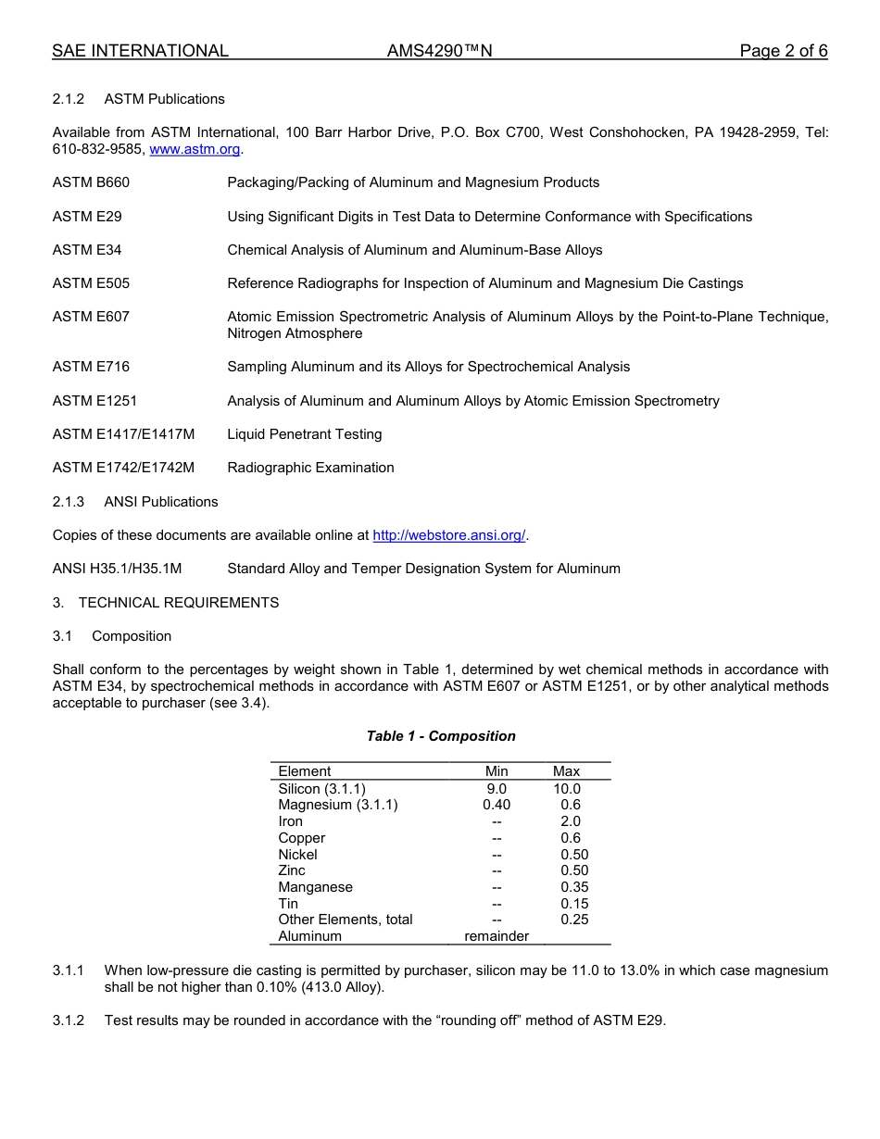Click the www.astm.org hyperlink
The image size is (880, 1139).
195,149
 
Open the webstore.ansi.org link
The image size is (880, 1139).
448,535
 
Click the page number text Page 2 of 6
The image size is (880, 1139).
783,51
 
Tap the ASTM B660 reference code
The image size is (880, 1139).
91,182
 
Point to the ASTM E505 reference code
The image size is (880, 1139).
91,283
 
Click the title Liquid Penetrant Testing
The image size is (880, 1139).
304,434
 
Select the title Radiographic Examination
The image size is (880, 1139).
310,468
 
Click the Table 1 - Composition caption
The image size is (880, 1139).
441,736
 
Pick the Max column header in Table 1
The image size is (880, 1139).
566,771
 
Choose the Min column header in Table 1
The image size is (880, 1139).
497,771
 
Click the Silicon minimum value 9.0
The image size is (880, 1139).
497,789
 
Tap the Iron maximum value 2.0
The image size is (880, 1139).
571,821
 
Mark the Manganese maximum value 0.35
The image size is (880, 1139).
574,887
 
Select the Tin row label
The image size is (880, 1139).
288,904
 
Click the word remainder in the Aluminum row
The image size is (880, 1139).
497,936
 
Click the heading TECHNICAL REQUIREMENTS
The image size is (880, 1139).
178,603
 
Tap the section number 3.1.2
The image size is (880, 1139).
69,1020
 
